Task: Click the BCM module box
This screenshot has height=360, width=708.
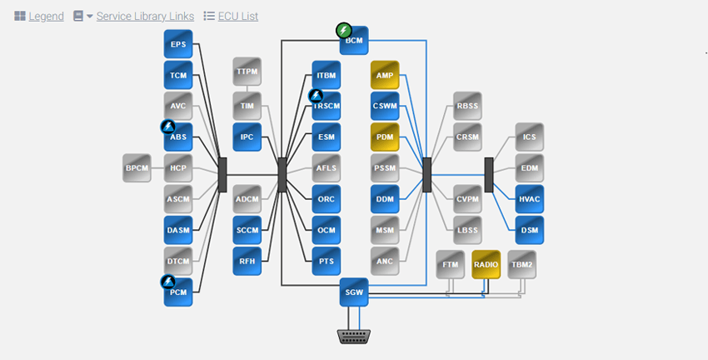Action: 355,41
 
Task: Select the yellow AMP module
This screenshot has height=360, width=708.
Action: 385,75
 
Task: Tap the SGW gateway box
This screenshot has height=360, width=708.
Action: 354,292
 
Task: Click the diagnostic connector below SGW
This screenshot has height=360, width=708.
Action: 354,336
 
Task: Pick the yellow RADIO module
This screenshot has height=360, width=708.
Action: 486,264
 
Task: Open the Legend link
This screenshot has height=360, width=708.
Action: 46,16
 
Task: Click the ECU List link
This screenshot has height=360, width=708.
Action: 238,16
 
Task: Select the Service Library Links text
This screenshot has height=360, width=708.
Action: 145,16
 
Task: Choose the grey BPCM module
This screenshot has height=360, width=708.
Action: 137,167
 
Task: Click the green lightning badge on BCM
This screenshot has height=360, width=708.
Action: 343,31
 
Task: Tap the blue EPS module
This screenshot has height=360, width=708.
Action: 178,44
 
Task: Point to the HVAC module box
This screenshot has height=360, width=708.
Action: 530,199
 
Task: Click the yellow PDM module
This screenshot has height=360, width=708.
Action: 385,137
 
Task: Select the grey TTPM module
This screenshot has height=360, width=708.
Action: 247,72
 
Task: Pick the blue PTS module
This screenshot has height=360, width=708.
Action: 327,261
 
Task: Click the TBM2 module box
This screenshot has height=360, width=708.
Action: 521,264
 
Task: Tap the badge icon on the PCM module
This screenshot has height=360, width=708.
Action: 167,282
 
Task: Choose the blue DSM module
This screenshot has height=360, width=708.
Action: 530,230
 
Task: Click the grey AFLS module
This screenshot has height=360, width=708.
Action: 327,167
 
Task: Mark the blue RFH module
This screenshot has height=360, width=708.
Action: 247,261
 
